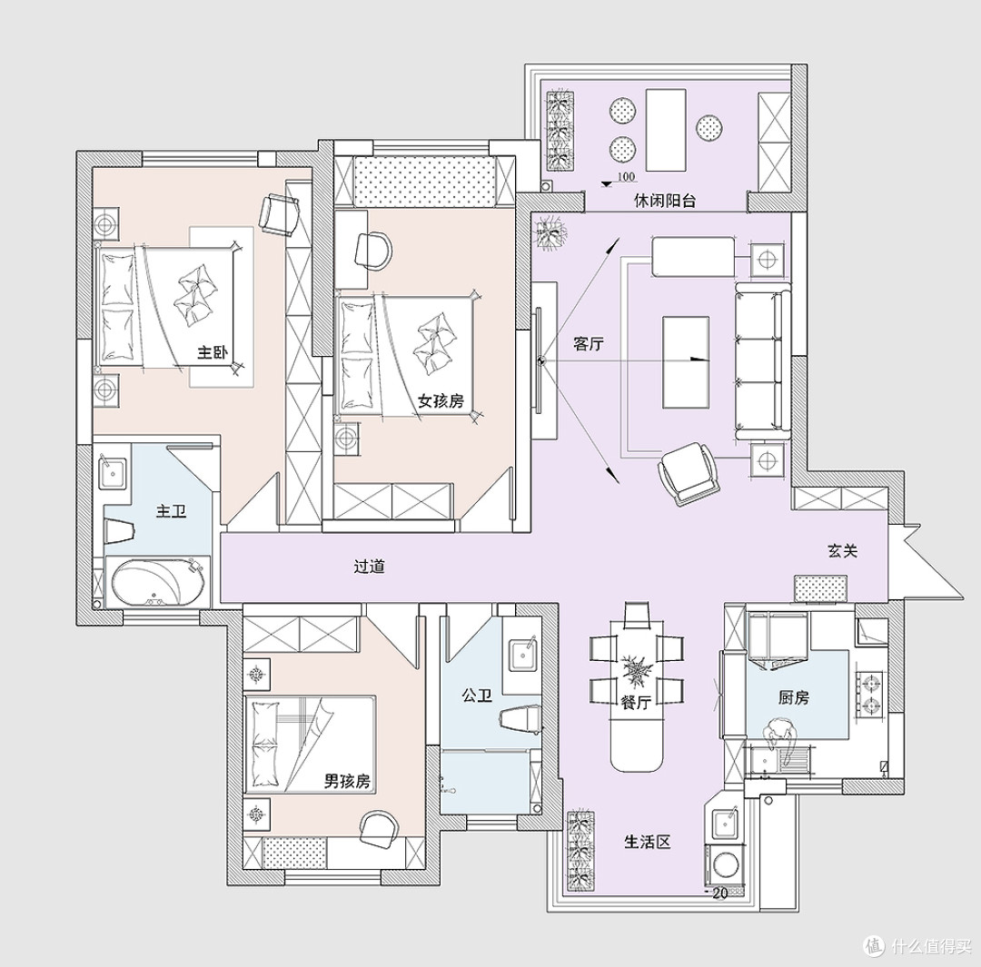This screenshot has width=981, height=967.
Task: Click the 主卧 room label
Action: (212, 353)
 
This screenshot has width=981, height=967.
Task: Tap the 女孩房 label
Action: (441, 401)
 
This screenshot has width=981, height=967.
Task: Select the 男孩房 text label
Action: (347, 781)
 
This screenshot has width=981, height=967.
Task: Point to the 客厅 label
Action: (589, 343)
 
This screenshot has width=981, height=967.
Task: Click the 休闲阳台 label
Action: (665, 201)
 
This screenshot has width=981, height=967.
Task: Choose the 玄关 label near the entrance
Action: (843, 551)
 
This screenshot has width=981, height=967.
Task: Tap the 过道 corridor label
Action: (369, 567)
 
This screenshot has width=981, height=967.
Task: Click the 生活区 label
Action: (648, 842)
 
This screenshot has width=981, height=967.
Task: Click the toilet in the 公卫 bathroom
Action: (520, 718)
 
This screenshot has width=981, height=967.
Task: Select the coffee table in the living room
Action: (686, 362)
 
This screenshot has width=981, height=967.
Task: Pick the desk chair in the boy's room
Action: (379, 829)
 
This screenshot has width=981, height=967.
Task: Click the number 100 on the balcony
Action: (626, 177)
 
